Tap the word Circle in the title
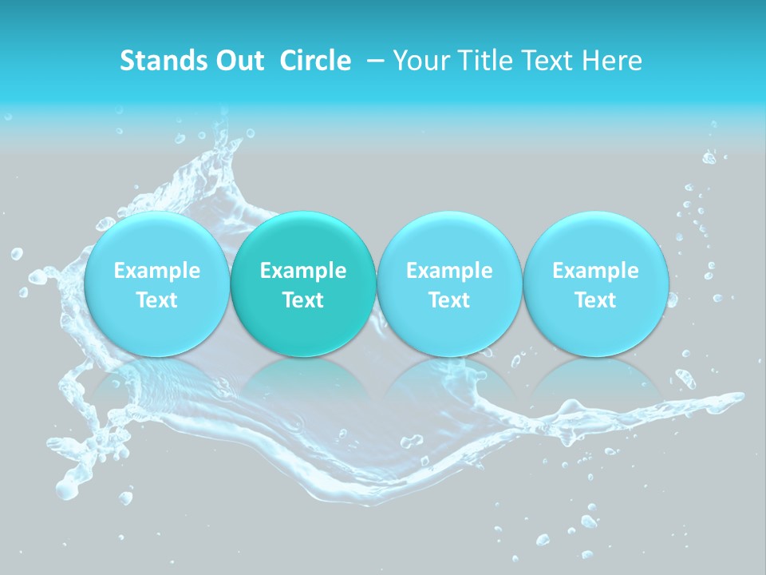point(315,61)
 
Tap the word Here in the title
point(612,61)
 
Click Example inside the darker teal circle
point(303,271)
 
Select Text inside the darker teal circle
point(303,300)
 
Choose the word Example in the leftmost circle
point(157,271)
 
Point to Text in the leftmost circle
point(157,300)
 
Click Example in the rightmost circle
point(595,271)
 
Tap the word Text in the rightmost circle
point(595,300)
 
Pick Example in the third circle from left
point(449,271)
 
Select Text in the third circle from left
point(449,300)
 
